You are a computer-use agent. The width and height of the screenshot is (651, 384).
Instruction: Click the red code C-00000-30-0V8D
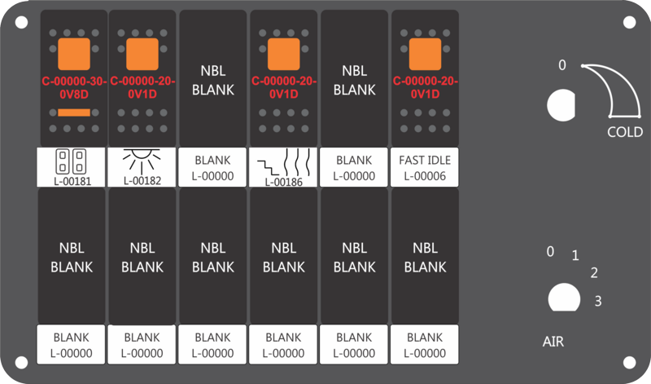coord(74,88)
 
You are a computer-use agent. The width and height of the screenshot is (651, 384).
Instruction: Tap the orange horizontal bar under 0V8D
coord(74,113)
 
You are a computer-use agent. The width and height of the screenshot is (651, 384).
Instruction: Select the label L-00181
coord(72,181)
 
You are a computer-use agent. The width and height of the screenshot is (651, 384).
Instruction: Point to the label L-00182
coord(142,180)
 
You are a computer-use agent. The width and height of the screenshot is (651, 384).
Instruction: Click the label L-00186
coord(283,182)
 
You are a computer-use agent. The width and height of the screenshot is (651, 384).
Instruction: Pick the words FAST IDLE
coord(425,160)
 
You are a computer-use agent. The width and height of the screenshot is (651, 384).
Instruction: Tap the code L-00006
coord(425,176)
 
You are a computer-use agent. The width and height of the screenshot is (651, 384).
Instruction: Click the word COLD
coord(625,132)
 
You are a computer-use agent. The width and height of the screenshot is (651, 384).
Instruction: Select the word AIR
coord(553,342)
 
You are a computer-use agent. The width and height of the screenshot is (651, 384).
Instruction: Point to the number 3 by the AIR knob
coord(598,301)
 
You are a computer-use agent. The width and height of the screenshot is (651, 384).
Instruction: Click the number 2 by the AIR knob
coord(594,273)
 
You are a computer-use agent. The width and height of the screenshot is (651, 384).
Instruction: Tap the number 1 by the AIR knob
coord(575,255)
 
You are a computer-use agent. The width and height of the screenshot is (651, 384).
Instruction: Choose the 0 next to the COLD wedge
coord(562,65)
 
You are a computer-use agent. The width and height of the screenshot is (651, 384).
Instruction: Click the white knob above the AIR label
coord(564,298)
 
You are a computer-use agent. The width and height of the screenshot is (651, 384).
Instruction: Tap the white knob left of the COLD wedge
coord(561,105)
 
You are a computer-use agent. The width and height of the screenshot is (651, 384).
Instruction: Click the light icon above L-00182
coord(142,161)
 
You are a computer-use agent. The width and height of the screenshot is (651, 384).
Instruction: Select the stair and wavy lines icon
coord(283,163)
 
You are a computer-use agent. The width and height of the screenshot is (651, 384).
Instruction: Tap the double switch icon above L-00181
coord(71,161)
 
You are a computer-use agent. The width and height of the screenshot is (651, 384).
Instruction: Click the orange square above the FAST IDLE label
coord(425,54)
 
